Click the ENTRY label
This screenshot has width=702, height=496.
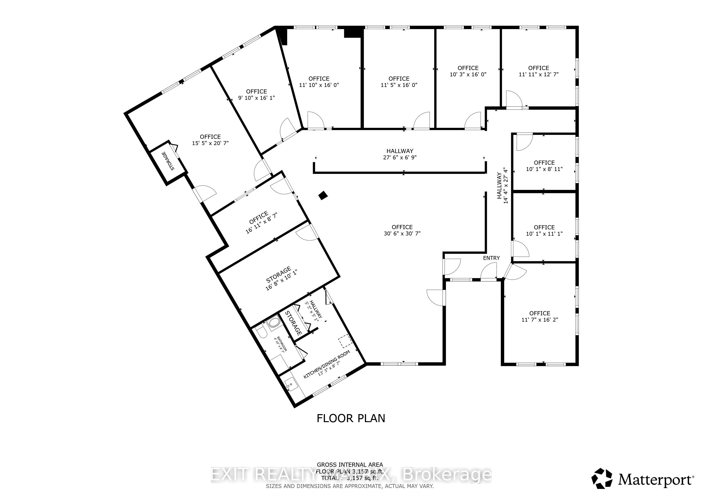pos(491,258)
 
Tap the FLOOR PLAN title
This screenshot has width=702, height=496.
pos(351,418)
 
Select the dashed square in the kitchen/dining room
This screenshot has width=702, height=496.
pos(345,341)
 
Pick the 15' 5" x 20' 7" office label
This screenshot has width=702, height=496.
pos(210,140)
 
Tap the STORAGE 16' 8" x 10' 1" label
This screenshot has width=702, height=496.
pos(280,279)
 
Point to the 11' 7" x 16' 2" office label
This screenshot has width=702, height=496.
pos(540,316)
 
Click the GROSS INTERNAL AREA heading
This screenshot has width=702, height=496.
pos(350,465)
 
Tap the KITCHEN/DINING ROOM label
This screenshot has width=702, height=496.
pos(327,365)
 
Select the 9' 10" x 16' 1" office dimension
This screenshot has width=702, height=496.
pos(256,98)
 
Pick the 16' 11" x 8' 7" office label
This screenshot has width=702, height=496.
pos(261,222)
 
